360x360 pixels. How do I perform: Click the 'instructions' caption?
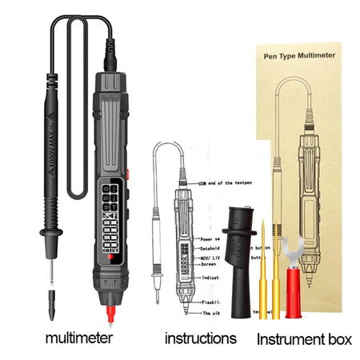point(200,338)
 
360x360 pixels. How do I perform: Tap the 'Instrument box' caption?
point(303,339)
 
